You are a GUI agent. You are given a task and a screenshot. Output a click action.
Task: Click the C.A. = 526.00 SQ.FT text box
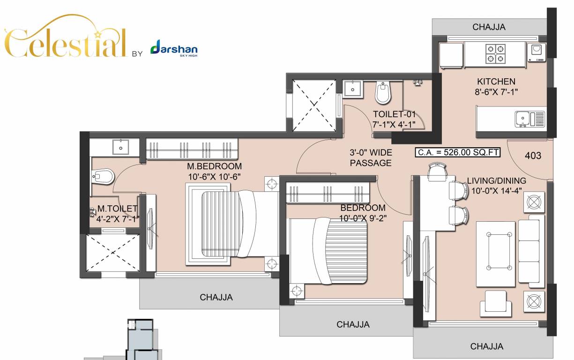451,152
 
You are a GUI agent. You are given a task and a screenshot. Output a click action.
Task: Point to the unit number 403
533,156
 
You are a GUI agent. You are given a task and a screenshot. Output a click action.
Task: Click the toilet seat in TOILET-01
383,93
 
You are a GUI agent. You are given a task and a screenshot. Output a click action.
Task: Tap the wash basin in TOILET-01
352,88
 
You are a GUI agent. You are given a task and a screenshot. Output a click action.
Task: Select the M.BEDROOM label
215,166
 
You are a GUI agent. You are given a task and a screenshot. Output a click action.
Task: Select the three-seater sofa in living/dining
531,252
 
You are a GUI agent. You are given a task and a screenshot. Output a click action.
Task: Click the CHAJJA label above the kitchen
489,27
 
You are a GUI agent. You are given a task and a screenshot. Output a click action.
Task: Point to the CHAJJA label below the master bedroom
216,297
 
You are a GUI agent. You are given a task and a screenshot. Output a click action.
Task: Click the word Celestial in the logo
66,42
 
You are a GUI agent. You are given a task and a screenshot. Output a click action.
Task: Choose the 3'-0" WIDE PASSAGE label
371,158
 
